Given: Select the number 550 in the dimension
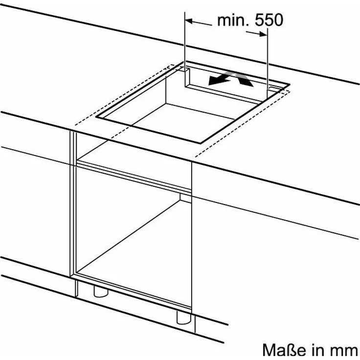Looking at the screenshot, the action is click(x=269, y=20).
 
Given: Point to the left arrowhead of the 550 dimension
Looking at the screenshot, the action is click(x=189, y=21).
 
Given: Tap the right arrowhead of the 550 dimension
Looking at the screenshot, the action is click(x=263, y=34).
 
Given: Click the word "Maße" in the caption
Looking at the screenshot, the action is click(x=284, y=350).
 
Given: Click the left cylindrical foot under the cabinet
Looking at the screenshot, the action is click(x=101, y=291).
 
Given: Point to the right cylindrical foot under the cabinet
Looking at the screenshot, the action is click(x=184, y=317).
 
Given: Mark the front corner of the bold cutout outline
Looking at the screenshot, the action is click(x=201, y=143).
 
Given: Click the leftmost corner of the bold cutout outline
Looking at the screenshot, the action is click(x=97, y=117).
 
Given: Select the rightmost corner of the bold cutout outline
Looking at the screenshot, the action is click(x=289, y=85).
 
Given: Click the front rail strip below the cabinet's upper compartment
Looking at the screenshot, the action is click(x=134, y=177).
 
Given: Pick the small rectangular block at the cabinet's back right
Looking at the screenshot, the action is click(x=185, y=198).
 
